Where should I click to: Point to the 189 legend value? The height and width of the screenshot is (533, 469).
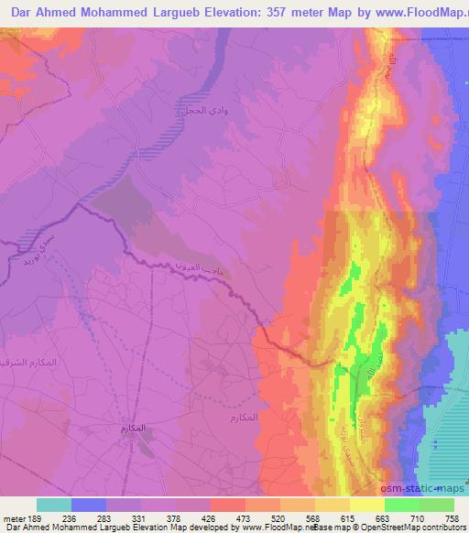(x=37, y=517)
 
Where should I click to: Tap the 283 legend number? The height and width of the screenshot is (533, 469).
(x=107, y=517)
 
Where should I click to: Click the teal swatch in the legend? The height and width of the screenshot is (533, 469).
(x=54, y=505)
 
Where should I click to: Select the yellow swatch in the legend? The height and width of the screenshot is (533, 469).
(x=366, y=505)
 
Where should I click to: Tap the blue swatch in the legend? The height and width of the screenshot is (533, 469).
(x=89, y=505)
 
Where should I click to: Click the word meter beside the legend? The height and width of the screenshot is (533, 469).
(x=13, y=517)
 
